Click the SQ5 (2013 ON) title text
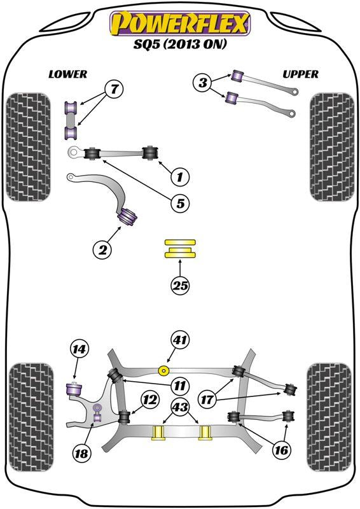(x=180, y=46)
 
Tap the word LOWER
(x=67, y=74)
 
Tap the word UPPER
(x=300, y=74)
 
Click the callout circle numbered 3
(x=203, y=81)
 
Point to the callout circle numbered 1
(x=180, y=176)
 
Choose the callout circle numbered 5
(x=180, y=204)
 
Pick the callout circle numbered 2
(x=101, y=249)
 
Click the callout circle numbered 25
(x=180, y=286)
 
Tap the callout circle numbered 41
(x=180, y=341)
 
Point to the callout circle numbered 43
(x=180, y=407)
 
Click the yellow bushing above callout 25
(x=180, y=249)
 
